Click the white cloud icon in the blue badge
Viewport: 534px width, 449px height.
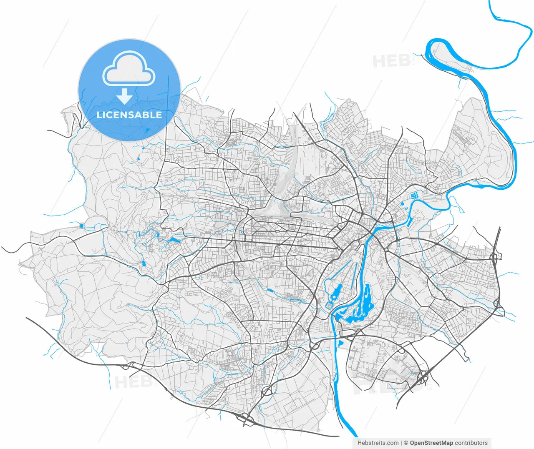pos(129,69)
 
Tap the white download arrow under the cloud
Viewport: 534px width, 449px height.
pos(124,97)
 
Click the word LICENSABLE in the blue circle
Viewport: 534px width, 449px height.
pos(129,115)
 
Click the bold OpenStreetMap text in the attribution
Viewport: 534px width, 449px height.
pos(431,443)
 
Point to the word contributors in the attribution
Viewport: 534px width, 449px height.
pos(471,443)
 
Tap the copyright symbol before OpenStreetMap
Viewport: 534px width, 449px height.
pos(406,443)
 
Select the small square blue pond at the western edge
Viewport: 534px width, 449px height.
pos(82,226)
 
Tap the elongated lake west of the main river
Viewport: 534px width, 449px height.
pos(337,292)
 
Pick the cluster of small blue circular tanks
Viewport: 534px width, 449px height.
pos(415,195)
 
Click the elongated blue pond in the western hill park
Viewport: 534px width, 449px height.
pos(173,241)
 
